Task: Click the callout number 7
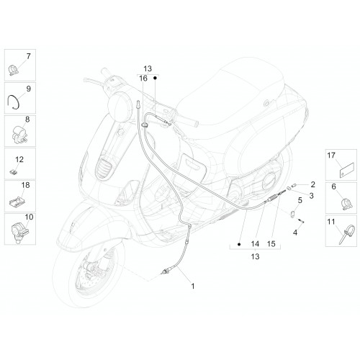click(x=29, y=56)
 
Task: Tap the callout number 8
click(x=27, y=120)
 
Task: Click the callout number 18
click(x=25, y=185)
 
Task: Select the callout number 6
click(x=334, y=186)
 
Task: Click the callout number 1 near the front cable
click(x=193, y=286)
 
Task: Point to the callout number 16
click(x=143, y=78)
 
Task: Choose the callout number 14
click(x=255, y=244)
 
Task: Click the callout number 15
click(x=271, y=244)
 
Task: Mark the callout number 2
click(x=312, y=184)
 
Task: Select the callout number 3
click(x=311, y=196)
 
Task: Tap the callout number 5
click(x=300, y=200)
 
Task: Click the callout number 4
click(x=295, y=233)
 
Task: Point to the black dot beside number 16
click(x=155, y=78)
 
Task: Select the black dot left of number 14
click(x=239, y=244)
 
